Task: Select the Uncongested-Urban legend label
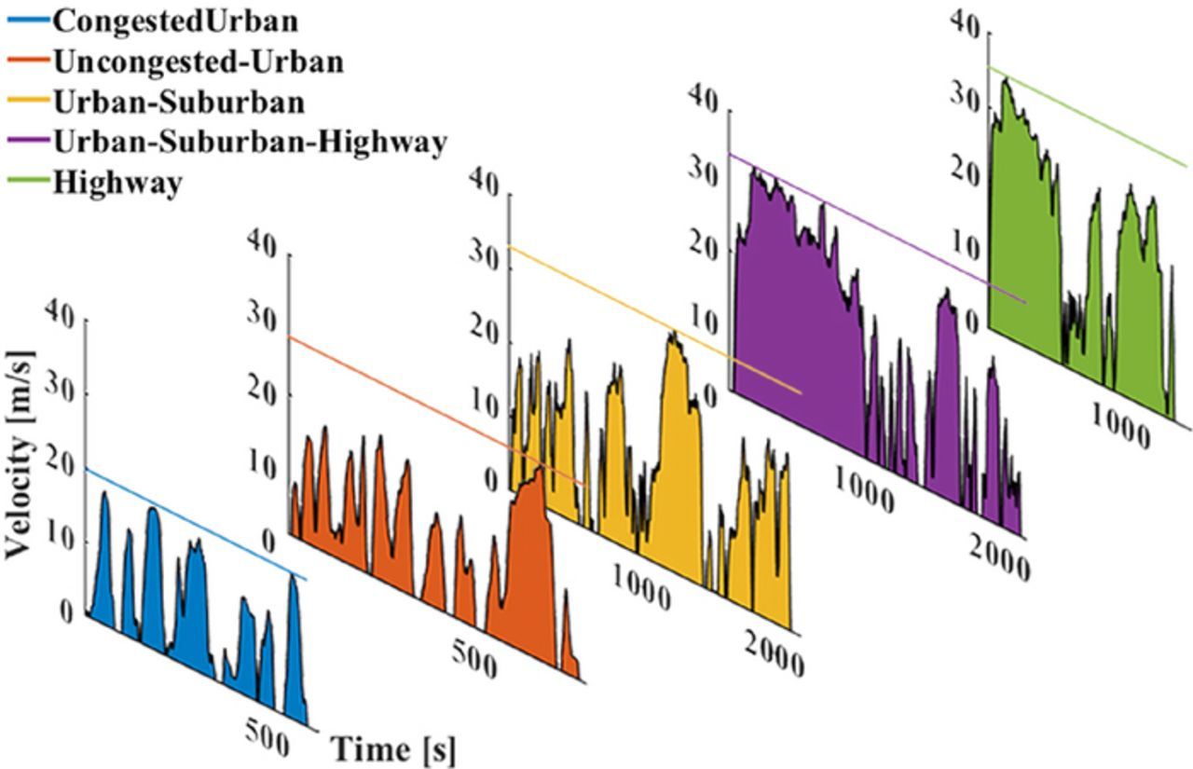tap(199, 62)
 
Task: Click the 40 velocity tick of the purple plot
tap(706, 96)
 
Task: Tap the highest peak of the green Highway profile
tap(1004, 80)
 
